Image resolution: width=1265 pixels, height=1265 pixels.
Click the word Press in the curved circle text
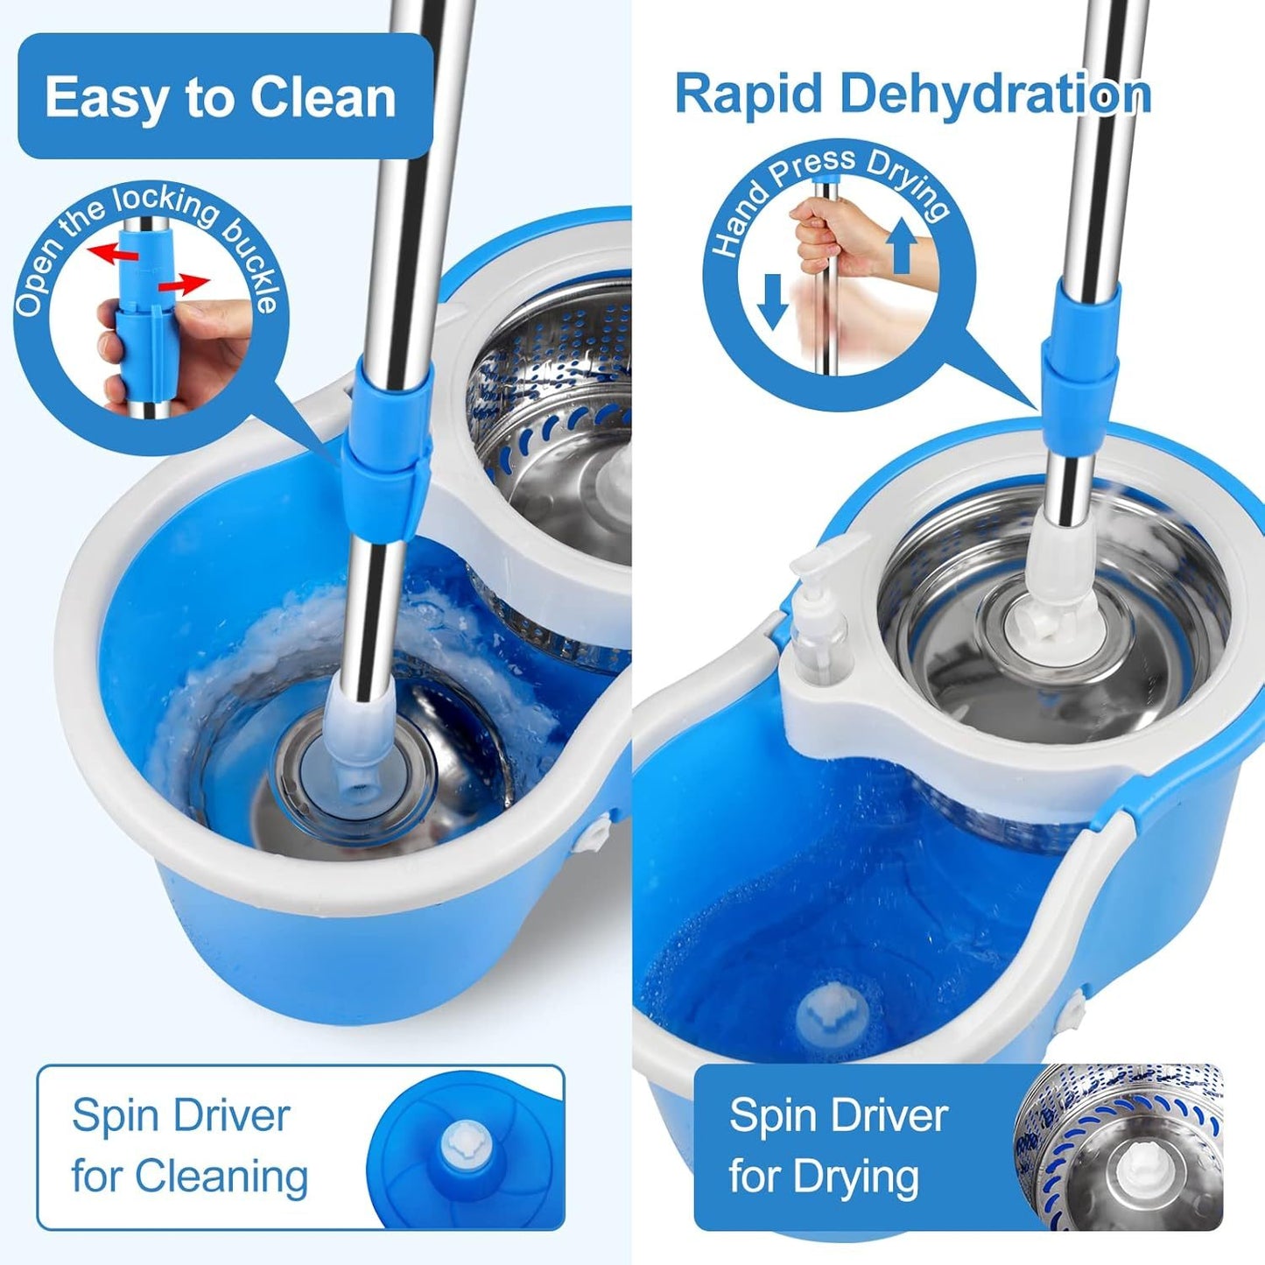point(813,168)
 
